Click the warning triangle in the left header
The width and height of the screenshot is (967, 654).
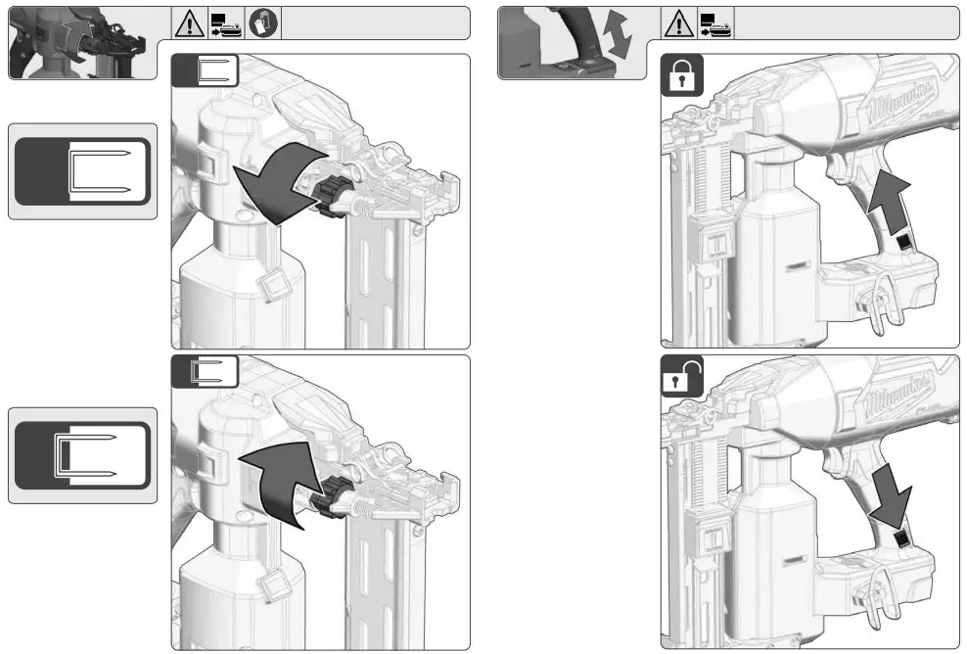(189, 23)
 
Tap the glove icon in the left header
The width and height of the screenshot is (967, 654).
(263, 23)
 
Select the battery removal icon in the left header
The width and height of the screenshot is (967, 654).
(226, 23)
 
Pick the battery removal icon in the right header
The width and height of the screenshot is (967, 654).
(714, 23)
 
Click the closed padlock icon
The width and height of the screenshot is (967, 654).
(682, 74)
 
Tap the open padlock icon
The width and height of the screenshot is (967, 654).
(683, 377)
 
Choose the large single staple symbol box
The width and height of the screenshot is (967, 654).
(83, 171)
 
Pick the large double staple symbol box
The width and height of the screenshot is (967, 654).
(83, 455)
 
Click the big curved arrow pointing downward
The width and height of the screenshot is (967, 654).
(277, 186)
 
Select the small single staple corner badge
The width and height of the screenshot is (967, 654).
(206, 71)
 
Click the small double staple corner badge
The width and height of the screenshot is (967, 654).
(206, 372)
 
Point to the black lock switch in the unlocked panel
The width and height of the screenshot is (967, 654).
(902, 537)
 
